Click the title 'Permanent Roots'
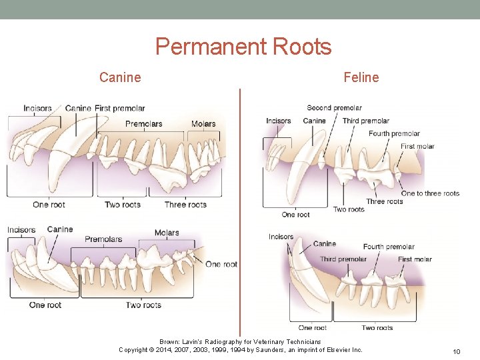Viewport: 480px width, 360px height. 243,47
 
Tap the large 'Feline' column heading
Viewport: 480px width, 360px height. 361,77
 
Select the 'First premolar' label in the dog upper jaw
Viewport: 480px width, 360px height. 119,109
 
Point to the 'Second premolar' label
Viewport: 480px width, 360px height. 334,108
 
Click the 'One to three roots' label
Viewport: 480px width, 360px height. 430,193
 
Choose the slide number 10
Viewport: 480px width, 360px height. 457,351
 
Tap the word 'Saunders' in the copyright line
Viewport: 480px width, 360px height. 262,350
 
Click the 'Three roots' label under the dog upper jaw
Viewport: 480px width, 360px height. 185,205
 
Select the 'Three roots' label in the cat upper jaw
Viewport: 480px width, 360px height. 385,201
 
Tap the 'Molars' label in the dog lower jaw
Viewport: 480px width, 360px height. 167,233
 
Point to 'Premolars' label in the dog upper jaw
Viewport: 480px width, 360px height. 143,124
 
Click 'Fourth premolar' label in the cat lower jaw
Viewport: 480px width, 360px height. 389,247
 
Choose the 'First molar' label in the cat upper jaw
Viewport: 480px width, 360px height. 417,147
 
